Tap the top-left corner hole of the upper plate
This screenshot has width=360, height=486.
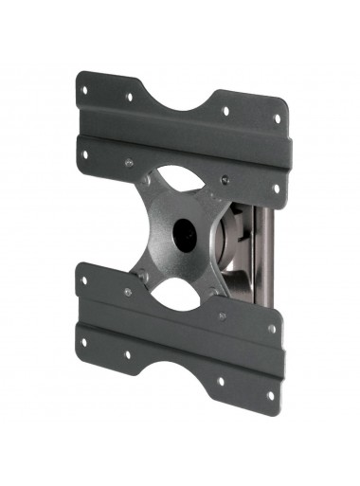pyautogui.click(x=84, y=92)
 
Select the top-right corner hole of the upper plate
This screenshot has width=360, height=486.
pyautogui.click(x=277, y=119)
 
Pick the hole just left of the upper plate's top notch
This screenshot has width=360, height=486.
pyautogui.click(x=130, y=97)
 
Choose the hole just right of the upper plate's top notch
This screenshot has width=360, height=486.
pyautogui.click(x=226, y=111)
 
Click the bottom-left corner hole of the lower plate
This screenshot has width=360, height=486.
pyautogui.click(x=83, y=342)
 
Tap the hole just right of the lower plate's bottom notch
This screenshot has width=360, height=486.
pyautogui.click(x=220, y=381)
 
